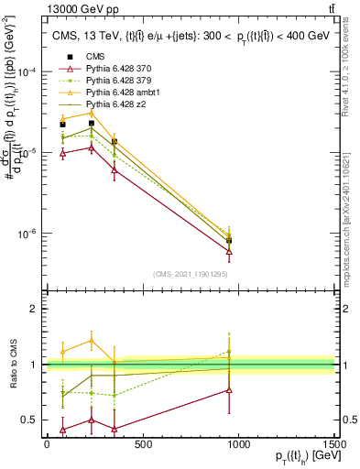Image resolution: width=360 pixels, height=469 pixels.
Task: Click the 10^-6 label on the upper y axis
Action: pyautogui.click(x=27, y=234)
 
